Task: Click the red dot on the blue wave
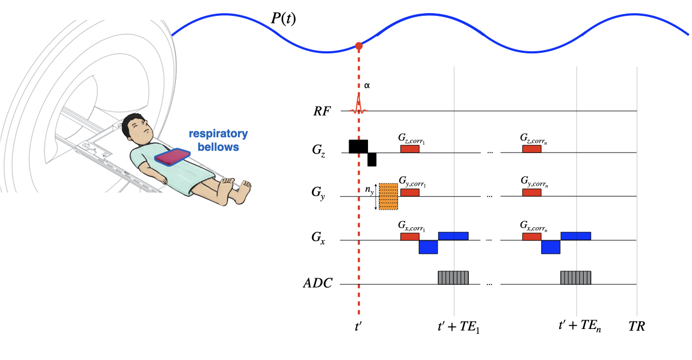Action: (358, 46)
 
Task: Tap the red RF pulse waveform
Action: (359, 104)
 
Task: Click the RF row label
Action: (321, 111)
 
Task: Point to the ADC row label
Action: (318, 284)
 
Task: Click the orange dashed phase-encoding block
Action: (388, 197)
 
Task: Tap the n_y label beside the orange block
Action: (369, 190)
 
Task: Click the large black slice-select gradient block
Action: (358, 146)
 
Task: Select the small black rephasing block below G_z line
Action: (372, 159)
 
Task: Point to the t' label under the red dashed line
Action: (358, 327)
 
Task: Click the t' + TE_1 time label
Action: (458, 327)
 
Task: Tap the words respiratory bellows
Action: (218, 140)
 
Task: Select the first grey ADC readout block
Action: (453, 277)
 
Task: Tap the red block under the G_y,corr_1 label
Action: (409, 192)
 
